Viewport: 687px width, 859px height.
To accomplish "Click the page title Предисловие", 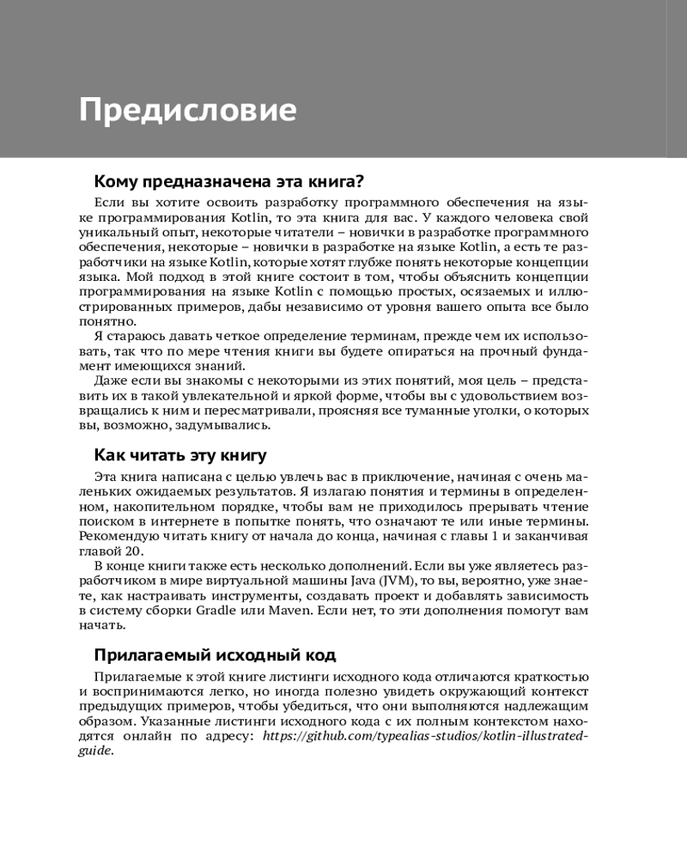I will point(187,110).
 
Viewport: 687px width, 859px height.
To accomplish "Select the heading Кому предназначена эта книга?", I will point(229,181).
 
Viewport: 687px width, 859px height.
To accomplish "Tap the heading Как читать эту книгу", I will point(180,454).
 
